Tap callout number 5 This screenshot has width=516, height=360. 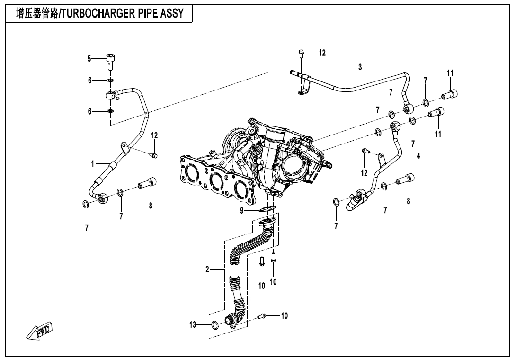pyautogui.click(x=89, y=59)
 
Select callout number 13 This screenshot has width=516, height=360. pyautogui.click(x=193, y=325)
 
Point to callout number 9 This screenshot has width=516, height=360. pyautogui.click(x=242, y=210)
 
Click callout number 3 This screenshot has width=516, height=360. pyautogui.click(x=360, y=67)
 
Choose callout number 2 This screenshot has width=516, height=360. pyautogui.click(x=207, y=270)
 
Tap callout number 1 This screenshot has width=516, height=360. pyautogui.click(x=93, y=164)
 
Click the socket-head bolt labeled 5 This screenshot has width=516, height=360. pyautogui.click(x=111, y=61)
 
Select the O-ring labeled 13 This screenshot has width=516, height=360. pyautogui.click(x=215, y=325)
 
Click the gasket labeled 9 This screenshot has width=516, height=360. pyautogui.click(x=268, y=208)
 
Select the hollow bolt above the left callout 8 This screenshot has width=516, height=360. pyautogui.click(x=148, y=183)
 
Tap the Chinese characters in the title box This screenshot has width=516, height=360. pyautogui.click(x=37, y=14)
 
